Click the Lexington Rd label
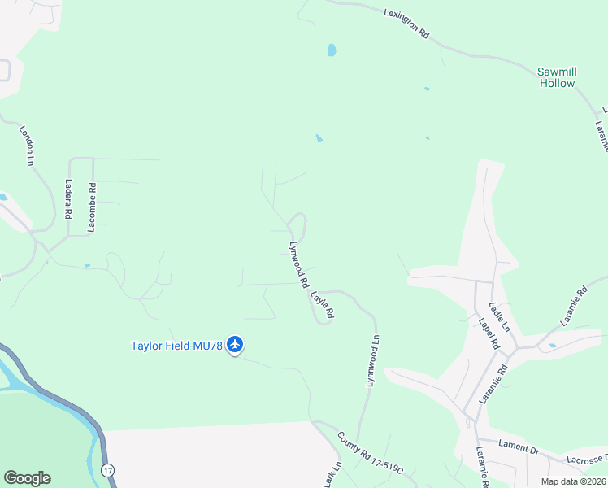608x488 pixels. click(407, 20)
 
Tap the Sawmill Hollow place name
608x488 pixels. click(557, 77)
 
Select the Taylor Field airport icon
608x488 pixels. click(235, 345)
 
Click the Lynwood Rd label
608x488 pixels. click(297, 265)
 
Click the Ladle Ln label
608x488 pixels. click(498, 316)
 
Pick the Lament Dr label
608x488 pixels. click(519, 449)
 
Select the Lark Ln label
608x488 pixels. click(332, 474)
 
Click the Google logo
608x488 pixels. click(27, 478)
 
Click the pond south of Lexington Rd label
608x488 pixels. click(332, 50)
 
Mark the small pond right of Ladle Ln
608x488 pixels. click(553, 346)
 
